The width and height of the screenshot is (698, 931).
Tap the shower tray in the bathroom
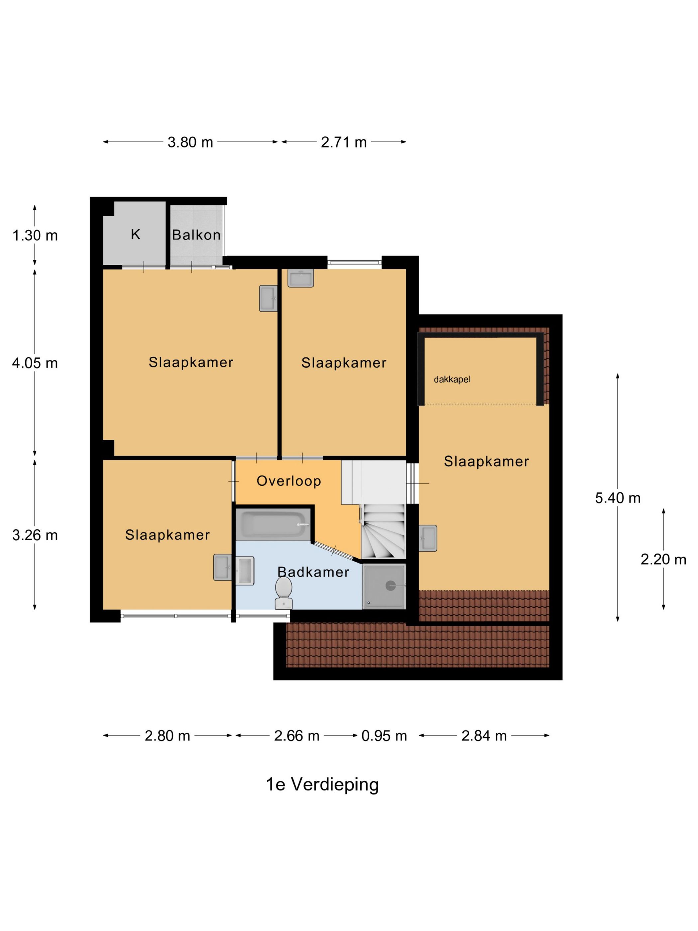click(x=384, y=586)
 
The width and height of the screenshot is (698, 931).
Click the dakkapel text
click(x=452, y=379)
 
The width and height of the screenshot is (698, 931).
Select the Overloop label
click(x=289, y=481)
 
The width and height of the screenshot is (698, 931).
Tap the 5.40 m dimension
click(x=617, y=498)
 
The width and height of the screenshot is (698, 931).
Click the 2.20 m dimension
click(x=663, y=559)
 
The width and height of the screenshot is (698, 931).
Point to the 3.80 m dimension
click(x=190, y=142)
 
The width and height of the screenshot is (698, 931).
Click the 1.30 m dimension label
click(x=35, y=235)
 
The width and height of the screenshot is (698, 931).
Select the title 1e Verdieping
click(x=322, y=784)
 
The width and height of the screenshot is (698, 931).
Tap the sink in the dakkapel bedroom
click(x=428, y=538)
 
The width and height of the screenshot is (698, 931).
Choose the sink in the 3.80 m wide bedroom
click(x=268, y=298)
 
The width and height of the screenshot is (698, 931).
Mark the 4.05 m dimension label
click(x=35, y=362)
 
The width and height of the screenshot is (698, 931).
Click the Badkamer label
click(x=313, y=572)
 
